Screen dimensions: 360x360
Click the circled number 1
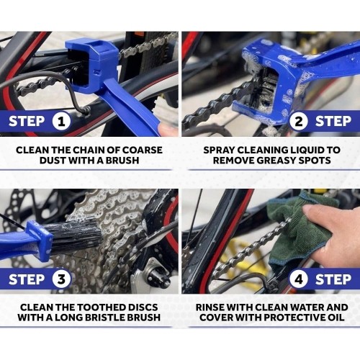(61, 121)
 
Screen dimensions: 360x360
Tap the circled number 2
(298, 121)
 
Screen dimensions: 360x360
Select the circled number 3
(61, 279)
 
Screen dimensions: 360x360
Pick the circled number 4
(298, 279)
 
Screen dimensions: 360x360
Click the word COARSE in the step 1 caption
(143, 150)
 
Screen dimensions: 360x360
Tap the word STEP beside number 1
(27, 121)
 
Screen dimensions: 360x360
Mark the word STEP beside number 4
(333, 279)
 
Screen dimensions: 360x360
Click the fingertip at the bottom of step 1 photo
(168, 130)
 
